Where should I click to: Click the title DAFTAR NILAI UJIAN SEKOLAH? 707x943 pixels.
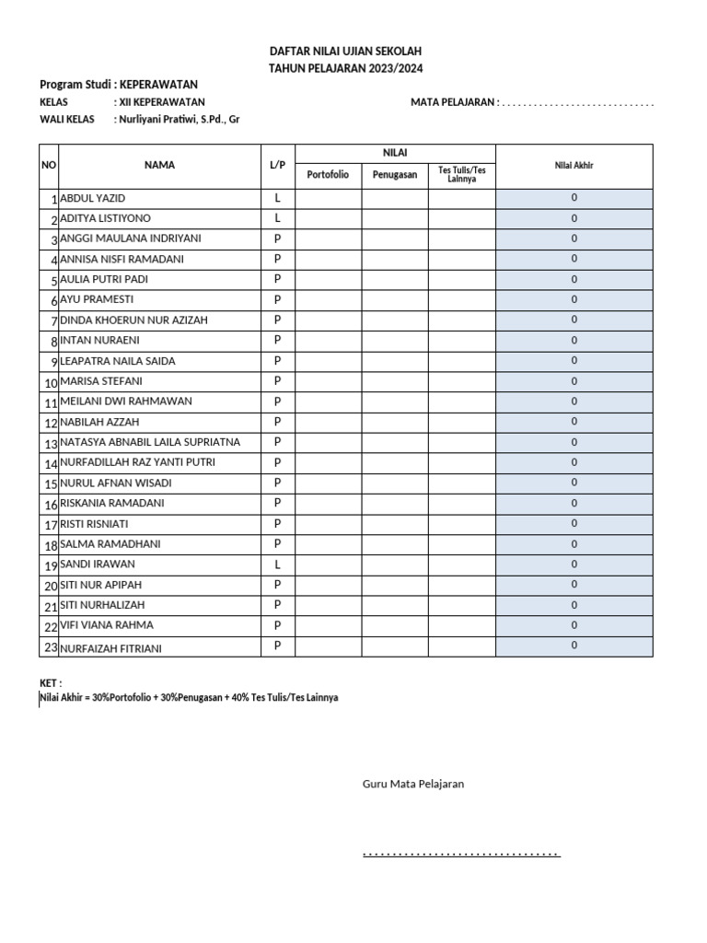coord(345,52)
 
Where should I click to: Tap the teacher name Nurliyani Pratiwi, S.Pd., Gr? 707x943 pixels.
coord(176,120)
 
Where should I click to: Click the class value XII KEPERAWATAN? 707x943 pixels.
coord(159,102)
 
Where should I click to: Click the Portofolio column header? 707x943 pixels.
coord(328,175)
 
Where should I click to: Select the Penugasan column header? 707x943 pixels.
coord(394,175)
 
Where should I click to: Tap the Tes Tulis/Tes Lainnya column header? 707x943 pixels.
coord(461,174)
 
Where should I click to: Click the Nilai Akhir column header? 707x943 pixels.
coord(574,166)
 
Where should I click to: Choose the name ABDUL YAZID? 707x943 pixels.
coord(92,199)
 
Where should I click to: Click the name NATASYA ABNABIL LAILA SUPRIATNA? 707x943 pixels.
coord(149,442)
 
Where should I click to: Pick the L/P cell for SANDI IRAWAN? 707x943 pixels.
coord(277,565)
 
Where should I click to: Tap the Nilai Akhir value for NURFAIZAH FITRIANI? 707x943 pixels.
coord(574,646)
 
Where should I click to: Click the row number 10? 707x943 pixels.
coord(50,382)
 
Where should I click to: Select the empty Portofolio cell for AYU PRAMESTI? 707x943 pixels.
coord(328,300)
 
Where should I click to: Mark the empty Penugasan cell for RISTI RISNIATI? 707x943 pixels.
coord(394,524)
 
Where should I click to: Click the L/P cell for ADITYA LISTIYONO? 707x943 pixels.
coord(277,218)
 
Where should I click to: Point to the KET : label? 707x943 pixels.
coord(50,683)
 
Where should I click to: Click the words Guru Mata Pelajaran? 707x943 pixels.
coord(412,784)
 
